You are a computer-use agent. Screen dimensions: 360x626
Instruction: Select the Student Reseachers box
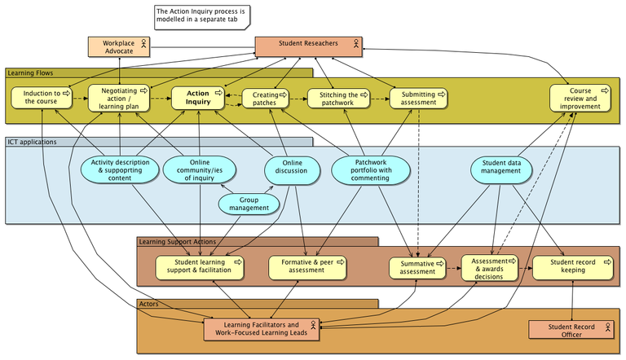(x=309, y=46)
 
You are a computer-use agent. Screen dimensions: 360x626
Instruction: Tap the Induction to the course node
(x=41, y=98)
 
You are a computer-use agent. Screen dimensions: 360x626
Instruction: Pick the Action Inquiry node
(x=198, y=98)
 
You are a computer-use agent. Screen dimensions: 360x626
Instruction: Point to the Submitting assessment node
(x=418, y=99)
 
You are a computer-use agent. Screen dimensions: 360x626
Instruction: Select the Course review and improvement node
(x=580, y=99)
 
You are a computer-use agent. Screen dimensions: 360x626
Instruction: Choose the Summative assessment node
(x=417, y=269)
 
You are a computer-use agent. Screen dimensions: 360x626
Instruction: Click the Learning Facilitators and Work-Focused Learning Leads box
(x=262, y=328)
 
